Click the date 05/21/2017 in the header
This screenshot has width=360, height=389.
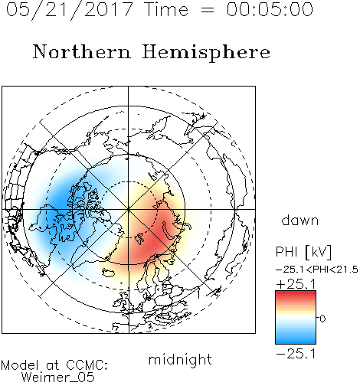coord(70,10)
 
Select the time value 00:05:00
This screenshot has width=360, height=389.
coord(270,9)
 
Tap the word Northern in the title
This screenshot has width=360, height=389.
coord(82,51)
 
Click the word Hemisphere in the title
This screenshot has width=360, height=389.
coord(206,53)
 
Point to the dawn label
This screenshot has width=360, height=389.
coord(300,220)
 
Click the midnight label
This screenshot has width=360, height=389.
coord(180,359)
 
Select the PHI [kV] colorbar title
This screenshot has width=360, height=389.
coord(303,252)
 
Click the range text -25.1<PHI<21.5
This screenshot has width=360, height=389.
coord(317,270)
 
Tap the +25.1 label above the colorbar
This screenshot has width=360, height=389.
coord(296,284)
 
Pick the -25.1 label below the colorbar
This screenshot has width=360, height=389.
coord(296,354)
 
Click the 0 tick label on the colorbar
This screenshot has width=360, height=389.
coord(322,319)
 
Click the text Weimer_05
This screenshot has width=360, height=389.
coord(58,378)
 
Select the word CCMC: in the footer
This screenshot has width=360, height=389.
coord(87,365)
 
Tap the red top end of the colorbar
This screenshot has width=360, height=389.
coord(296,293)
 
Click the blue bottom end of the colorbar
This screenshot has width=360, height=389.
coord(296,342)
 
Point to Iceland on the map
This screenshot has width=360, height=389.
coord(109,272)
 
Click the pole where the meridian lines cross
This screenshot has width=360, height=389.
coord(129,210)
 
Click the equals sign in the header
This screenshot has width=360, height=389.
coord(207,11)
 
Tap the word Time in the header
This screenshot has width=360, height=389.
coord(166,9)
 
